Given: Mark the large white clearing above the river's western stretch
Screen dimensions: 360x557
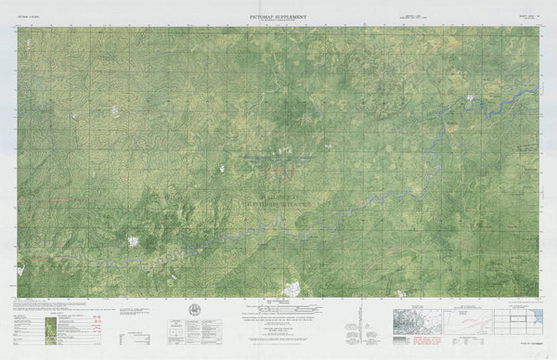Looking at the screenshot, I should click(133, 242).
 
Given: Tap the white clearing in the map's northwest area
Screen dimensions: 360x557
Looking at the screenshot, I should click(115, 110).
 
